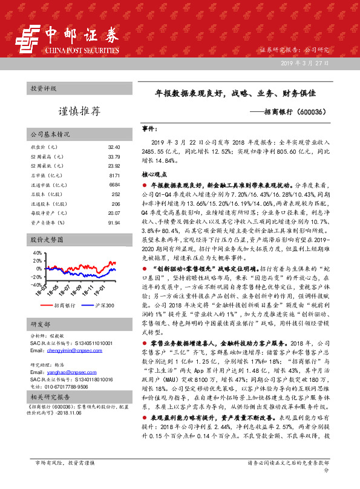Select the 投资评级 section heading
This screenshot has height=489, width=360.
tap(43, 88)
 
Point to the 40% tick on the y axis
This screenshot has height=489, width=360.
tap(37, 251)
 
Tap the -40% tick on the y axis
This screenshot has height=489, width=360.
tap(36, 284)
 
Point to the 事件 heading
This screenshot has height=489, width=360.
tap(150, 130)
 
